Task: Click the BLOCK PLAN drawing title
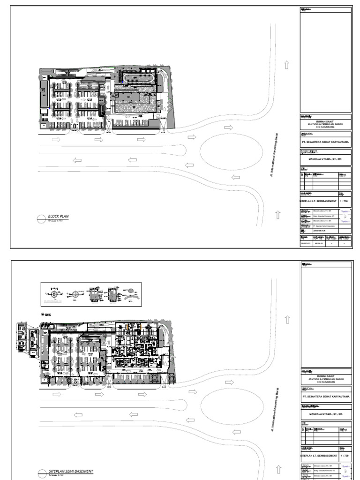pyautogui.click(x=59, y=217)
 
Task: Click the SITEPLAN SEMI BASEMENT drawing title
pyautogui.click(x=71, y=471)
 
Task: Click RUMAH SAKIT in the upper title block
pyautogui.click(x=326, y=120)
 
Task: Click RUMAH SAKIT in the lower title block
pyautogui.click(x=326, y=375)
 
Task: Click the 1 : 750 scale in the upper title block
pyautogui.click(x=344, y=200)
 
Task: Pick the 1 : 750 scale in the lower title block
pyautogui.click(x=344, y=455)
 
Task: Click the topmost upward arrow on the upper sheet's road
pyautogui.click(x=287, y=65)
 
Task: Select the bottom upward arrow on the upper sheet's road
pyautogui.click(x=277, y=215)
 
